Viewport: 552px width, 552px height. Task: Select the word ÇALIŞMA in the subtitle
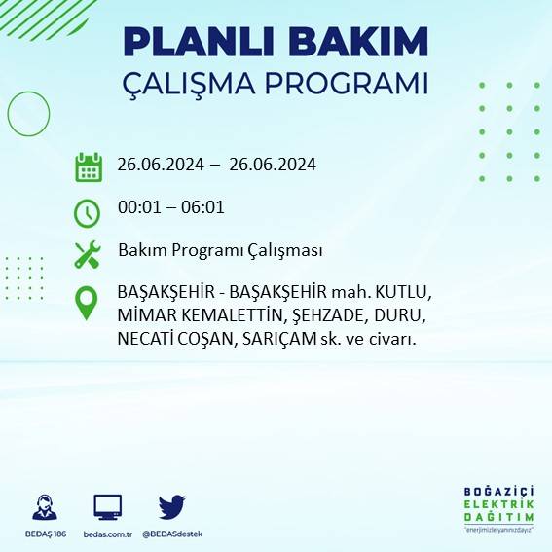click(198, 84)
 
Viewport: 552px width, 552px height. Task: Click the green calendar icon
click(89, 166)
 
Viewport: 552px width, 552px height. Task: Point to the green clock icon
click(88, 211)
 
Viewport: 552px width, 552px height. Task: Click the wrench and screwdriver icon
click(88, 254)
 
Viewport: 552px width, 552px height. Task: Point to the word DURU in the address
click(400, 316)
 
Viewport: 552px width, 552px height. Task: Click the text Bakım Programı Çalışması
click(220, 250)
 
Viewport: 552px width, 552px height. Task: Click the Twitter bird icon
click(172, 507)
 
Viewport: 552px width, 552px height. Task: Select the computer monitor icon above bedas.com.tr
click(108, 507)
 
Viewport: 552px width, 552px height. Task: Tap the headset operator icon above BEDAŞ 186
click(44, 507)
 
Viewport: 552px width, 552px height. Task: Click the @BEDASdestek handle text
click(172, 534)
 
